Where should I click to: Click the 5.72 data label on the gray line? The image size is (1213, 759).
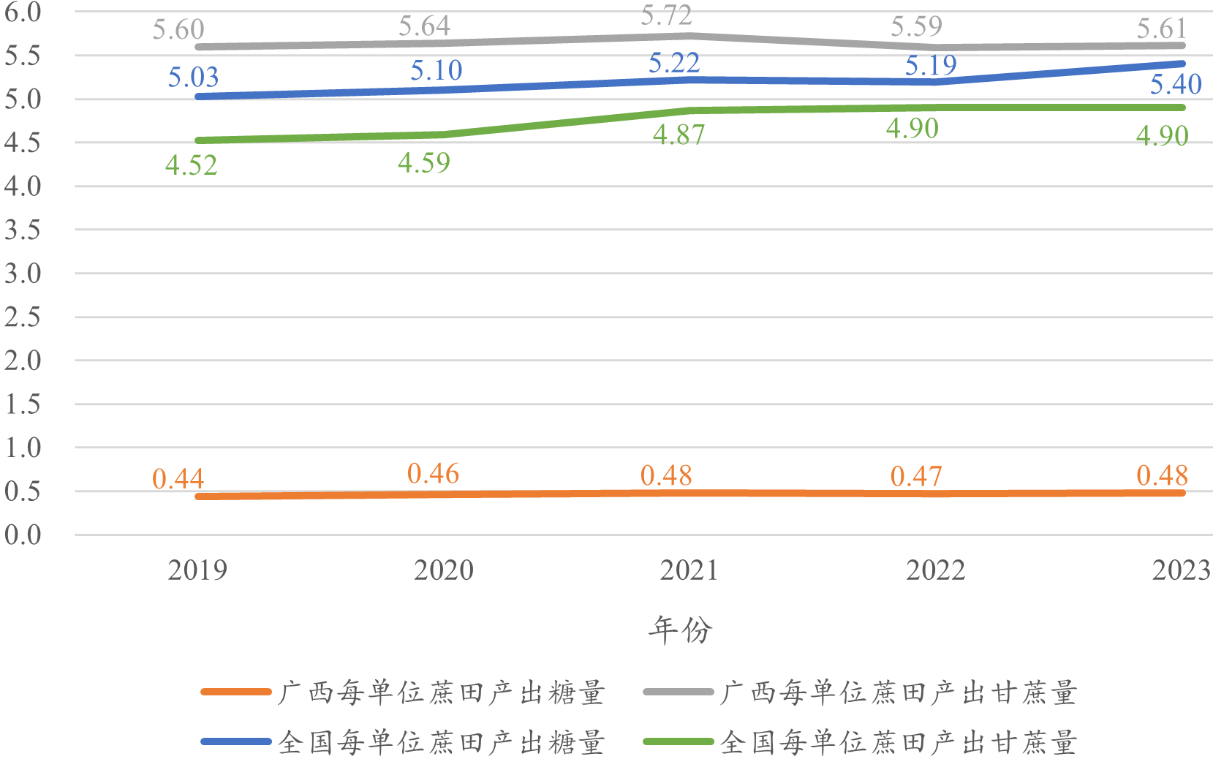pyautogui.click(x=666, y=15)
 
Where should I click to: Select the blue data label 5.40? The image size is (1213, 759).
pyautogui.click(x=1176, y=84)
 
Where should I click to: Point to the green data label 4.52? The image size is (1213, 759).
pyautogui.click(x=191, y=165)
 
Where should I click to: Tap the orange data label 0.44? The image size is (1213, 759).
pyautogui.click(x=178, y=479)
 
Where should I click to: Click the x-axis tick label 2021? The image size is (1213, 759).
pyautogui.click(x=689, y=570)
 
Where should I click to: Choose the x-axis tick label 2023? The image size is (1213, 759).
pyautogui.click(x=1181, y=570)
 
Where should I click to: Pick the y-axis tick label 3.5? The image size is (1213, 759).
pyautogui.click(x=22, y=230)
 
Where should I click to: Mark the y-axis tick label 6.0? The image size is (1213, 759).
pyautogui.click(x=22, y=12)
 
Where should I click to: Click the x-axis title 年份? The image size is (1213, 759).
pyautogui.click(x=680, y=630)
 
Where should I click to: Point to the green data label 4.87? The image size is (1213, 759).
pyautogui.click(x=679, y=135)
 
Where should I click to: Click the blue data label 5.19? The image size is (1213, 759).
pyautogui.click(x=931, y=66)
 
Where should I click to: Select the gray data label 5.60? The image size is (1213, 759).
pyautogui.click(x=178, y=30)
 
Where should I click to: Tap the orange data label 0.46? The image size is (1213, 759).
pyautogui.click(x=433, y=474)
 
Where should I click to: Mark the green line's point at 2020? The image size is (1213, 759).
pyautogui.click(x=444, y=135)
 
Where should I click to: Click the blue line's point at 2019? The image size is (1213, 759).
pyautogui.click(x=198, y=97)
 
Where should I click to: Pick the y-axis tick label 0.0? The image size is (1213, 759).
pyautogui.click(x=22, y=535)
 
